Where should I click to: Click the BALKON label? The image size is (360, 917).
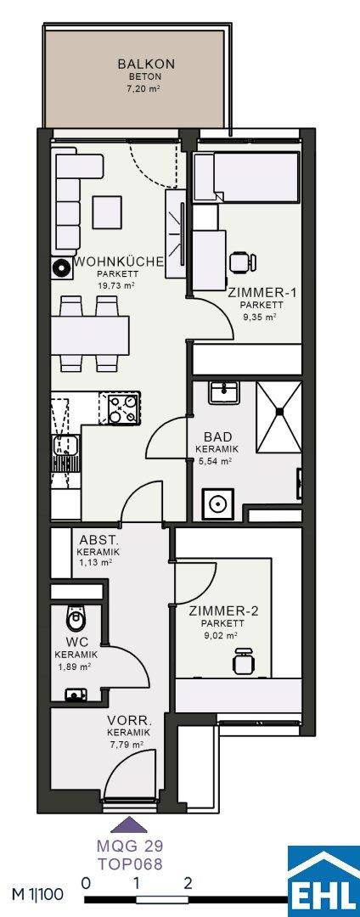[x=138, y=64]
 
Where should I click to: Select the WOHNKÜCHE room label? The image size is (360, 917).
[x=119, y=262]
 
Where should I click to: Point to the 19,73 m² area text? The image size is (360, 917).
[x=117, y=286]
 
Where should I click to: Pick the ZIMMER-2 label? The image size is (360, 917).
[x=224, y=611]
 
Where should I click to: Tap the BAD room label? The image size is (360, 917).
[x=218, y=437]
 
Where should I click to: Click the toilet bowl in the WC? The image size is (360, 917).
[x=75, y=616]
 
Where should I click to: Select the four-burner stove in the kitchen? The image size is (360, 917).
[x=123, y=407]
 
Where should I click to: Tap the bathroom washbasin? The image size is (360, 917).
[x=224, y=391]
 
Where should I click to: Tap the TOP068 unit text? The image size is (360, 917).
[x=130, y=864]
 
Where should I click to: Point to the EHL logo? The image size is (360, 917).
[x=324, y=883]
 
